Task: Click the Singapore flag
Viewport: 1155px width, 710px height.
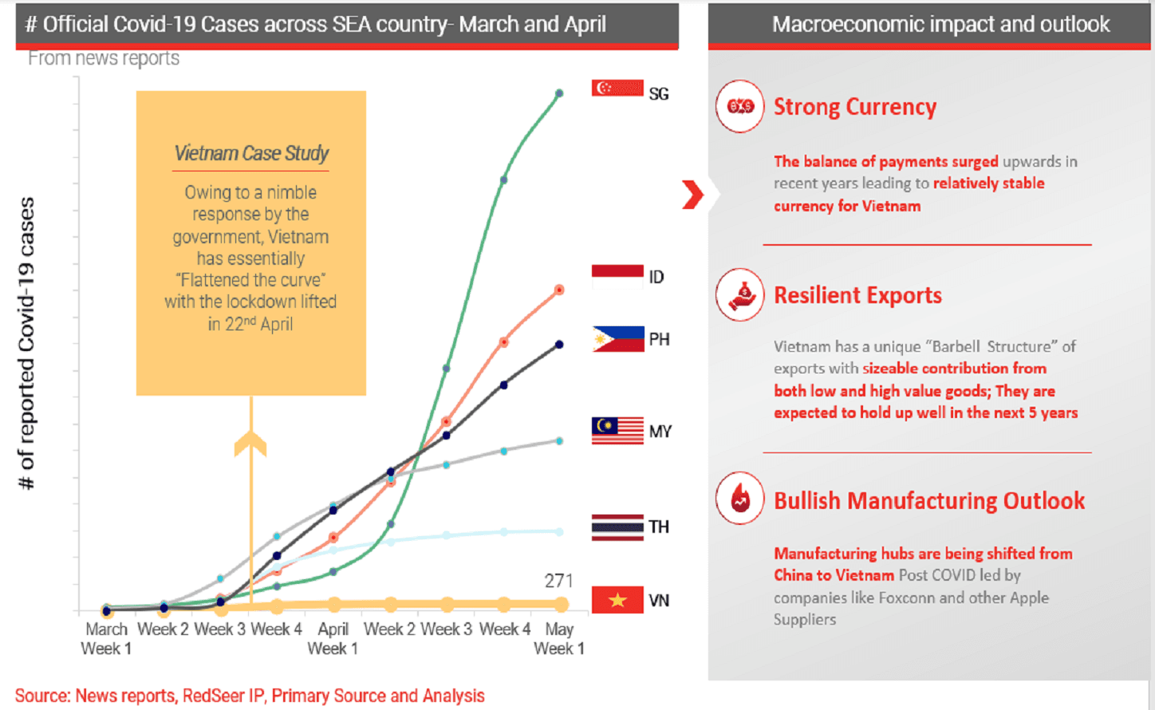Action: [617, 89]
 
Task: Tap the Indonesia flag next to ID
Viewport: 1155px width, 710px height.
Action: [617, 277]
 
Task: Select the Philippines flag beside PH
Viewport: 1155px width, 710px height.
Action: [618, 339]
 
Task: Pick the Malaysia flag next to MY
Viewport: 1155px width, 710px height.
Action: [617, 431]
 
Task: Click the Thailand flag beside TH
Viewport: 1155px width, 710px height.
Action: [617, 527]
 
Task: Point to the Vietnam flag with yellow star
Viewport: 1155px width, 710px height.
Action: [617, 600]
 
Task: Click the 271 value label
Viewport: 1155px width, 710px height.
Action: [558, 581]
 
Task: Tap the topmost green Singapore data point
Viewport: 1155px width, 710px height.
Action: [559, 93]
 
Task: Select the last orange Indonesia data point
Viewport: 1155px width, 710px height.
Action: [559, 290]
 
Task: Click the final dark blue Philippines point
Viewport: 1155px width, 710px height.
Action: [559, 345]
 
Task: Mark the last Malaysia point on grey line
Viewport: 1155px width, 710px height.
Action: [559, 441]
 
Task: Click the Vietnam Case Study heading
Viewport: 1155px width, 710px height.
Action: [251, 153]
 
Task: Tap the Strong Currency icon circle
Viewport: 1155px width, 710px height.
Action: [740, 106]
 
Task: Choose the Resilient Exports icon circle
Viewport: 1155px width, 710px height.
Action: [740, 295]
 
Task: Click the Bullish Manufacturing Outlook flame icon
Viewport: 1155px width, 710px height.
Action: [740, 499]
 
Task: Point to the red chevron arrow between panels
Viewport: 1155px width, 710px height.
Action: [693, 195]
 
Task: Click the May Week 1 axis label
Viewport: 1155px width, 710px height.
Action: [559, 638]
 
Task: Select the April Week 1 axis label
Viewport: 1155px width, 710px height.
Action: [333, 638]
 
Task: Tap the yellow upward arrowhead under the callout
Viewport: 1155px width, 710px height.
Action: [250, 443]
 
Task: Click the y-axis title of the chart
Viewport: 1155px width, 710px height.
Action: [26, 343]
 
